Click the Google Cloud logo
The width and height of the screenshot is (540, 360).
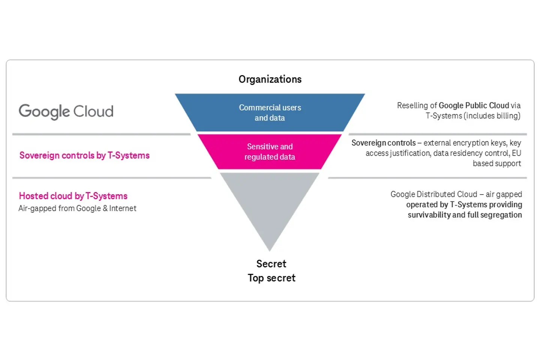tap(66, 111)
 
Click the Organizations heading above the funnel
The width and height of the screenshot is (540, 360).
tap(270, 79)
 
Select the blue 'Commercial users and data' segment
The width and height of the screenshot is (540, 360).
tap(270, 112)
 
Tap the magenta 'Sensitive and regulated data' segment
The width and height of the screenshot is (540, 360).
tap(270, 151)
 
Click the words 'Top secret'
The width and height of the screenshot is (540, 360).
tap(271, 278)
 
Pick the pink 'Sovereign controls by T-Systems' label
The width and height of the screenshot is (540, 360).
tap(84, 155)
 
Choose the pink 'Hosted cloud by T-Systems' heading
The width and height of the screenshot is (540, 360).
tap(73, 196)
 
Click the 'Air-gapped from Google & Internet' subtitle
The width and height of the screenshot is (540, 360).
tap(77, 208)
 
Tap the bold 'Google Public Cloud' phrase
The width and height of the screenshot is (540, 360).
tap(474, 105)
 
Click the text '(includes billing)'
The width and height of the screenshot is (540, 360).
tap(492, 116)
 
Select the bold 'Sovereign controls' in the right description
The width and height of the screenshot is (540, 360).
tap(383, 143)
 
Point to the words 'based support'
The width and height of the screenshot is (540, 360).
tap(497, 163)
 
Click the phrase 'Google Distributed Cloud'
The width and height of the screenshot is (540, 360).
tap(434, 194)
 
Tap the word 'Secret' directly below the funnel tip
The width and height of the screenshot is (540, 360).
tap(271, 264)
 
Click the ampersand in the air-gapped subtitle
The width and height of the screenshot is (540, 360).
tap(105, 208)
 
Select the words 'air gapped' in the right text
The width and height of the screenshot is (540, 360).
tap(504, 194)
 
